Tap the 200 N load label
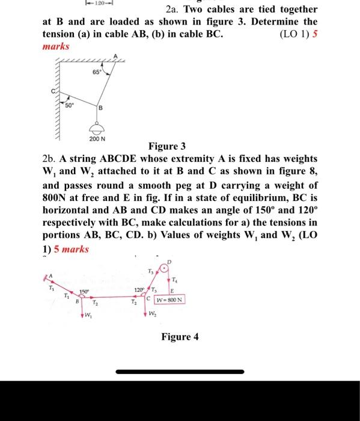tap(97, 138)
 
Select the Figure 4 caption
tap(180, 337)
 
